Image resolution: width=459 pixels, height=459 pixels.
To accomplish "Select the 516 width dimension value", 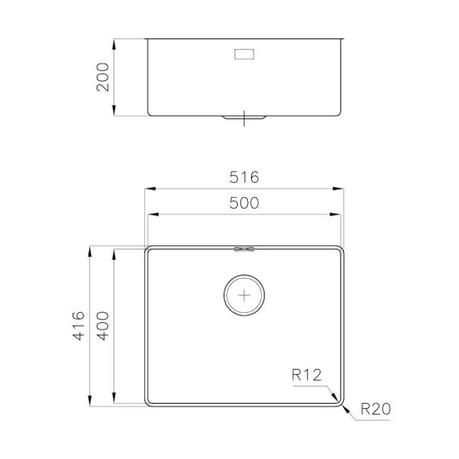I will tap(244, 178).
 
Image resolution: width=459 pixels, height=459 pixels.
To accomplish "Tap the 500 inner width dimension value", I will tap(244, 203).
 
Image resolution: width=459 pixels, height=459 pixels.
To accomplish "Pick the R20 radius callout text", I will tap(376, 409).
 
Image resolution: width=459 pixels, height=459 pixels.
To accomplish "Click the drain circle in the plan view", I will tap(244, 295).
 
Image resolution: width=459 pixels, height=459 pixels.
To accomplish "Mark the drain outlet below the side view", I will tap(244, 119).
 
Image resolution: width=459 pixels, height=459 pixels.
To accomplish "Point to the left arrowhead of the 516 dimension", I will tap(148, 189).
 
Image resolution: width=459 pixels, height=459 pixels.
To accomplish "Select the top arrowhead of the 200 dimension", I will tap(115, 39).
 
